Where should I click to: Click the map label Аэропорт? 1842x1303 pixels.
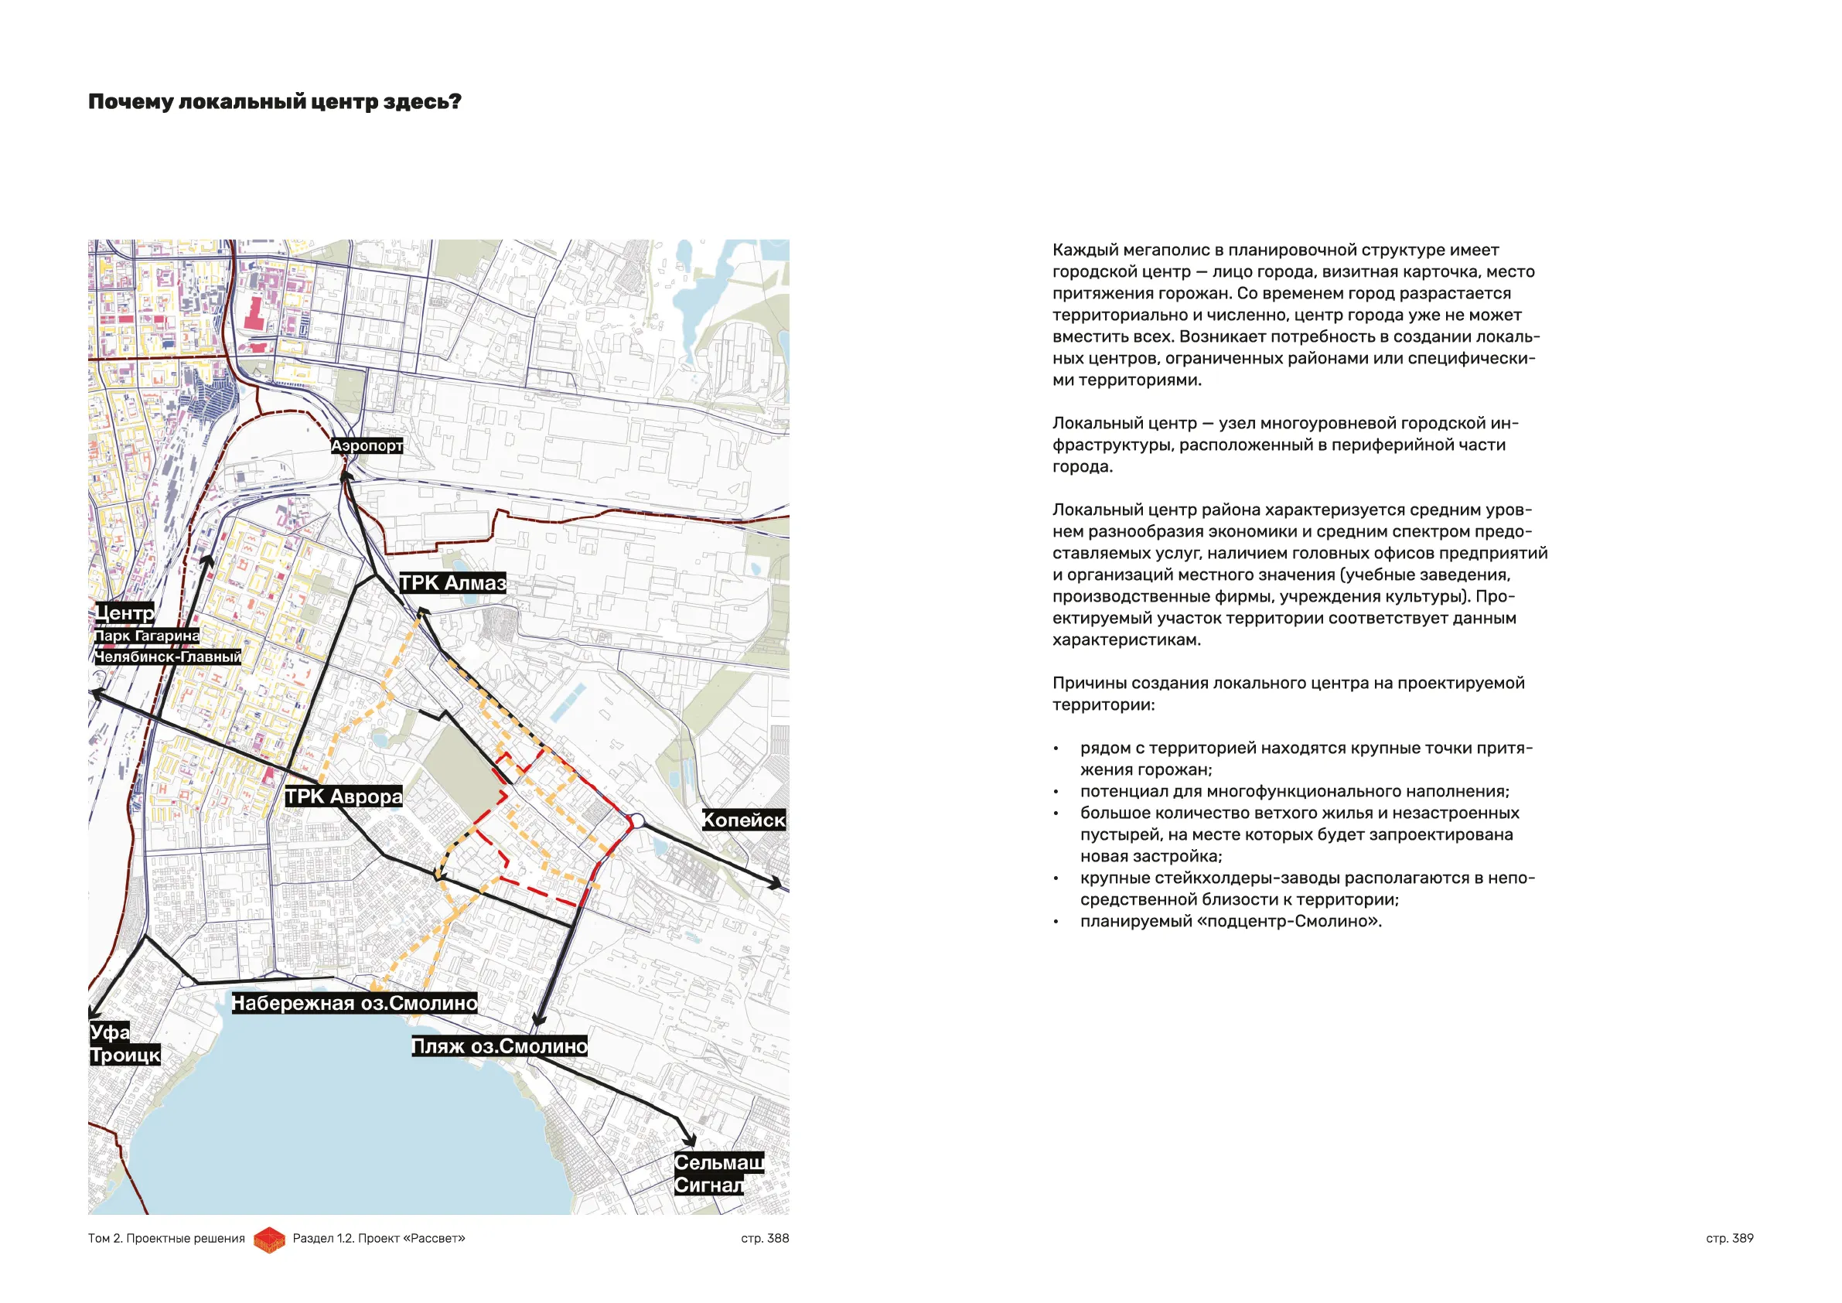pyautogui.click(x=367, y=445)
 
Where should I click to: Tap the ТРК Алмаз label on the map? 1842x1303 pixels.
pyautogui.click(x=452, y=583)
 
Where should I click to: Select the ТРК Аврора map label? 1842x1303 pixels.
pyautogui.click(x=343, y=796)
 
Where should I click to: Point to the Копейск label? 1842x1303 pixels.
pyautogui.click(x=744, y=820)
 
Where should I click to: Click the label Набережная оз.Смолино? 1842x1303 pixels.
pyautogui.click(x=355, y=1004)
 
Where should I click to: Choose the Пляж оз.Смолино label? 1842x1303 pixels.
pyautogui.click(x=499, y=1046)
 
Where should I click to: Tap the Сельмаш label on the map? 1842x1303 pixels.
pyautogui.click(x=718, y=1162)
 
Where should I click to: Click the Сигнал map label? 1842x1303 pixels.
pyautogui.click(x=708, y=1185)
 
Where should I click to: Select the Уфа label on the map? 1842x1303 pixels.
pyautogui.click(x=109, y=1032)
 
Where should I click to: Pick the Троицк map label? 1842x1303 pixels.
pyautogui.click(x=125, y=1055)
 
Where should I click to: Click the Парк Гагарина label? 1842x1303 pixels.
pyautogui.click(x=147, y=636)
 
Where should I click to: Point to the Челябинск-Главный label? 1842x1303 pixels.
pyautogui.click(x=168, y=657)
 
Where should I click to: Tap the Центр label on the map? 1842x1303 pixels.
pyautogui.click(x=125, y=614)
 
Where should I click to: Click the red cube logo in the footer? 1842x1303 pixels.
pyautogui.click(x=269, y=1240)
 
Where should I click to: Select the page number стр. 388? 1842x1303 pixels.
pyautogui.click(x=765, y=1239)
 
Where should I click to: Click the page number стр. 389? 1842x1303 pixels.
pyautogui.click(x=1729, y=1239)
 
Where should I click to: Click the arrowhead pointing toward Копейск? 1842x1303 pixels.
pyautogui.click(x=776, y=883)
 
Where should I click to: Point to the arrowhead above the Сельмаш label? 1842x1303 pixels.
pyautogui.click(x=689, y=1141)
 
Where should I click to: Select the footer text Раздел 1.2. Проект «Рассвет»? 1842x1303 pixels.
pyautogui.click(x=379, y=1239)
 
